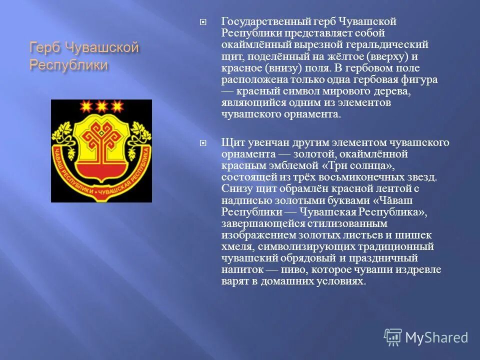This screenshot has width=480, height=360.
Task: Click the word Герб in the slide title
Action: click(x=44, y=49)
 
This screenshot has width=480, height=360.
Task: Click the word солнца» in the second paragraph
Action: click(x=365, y=165)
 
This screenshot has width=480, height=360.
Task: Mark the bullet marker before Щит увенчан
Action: click(x=202, y=143)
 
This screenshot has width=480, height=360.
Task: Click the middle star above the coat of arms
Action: click(x=101, y=106)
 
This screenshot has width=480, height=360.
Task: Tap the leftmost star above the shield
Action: click(x=85, y=106)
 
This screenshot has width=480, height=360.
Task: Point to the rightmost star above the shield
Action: click(x=117, y=106)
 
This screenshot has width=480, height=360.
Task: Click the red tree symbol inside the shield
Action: click(x=101, y=139)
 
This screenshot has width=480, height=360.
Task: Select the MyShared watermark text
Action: click(x=436, y=337)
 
